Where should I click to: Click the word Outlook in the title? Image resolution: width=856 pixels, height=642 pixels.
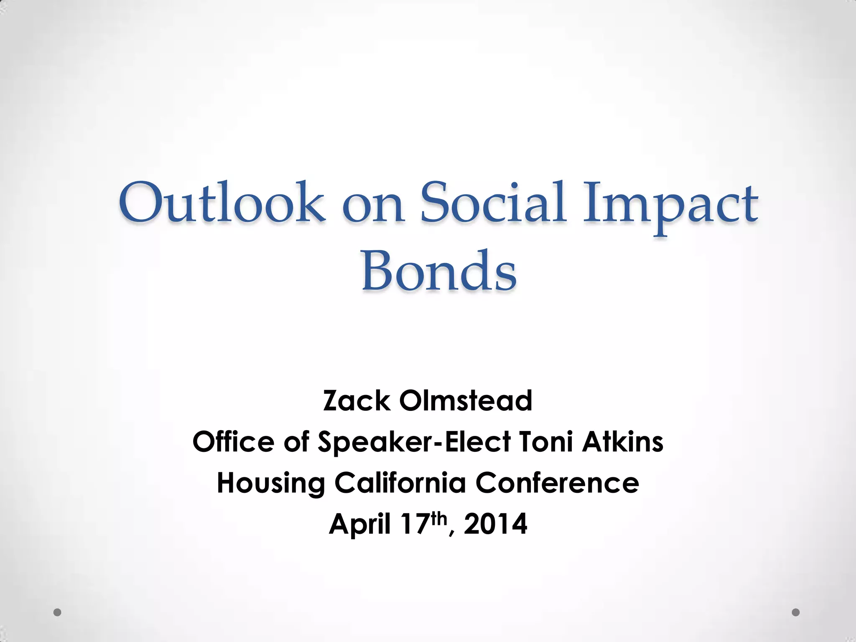222,203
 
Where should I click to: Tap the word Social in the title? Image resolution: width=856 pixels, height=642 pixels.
493,203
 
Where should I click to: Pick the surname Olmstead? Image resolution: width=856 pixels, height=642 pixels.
466,401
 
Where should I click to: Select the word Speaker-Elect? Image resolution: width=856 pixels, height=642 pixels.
414,443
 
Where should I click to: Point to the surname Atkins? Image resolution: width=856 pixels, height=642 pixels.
623,442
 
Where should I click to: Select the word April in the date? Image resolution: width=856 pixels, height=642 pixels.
360,525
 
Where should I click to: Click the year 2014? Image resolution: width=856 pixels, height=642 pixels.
495,524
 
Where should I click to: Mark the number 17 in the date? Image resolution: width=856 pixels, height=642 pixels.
415,524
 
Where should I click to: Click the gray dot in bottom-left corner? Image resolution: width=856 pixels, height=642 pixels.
58,612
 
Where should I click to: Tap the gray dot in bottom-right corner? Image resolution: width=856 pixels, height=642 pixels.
796,612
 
